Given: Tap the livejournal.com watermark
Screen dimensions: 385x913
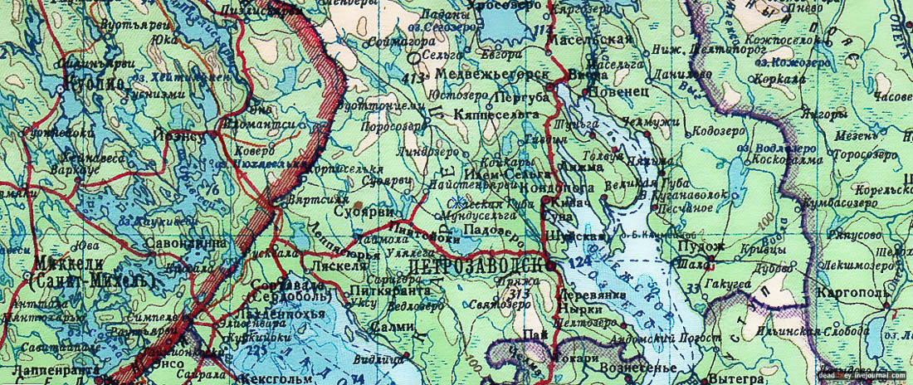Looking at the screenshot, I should pos(862,376).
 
